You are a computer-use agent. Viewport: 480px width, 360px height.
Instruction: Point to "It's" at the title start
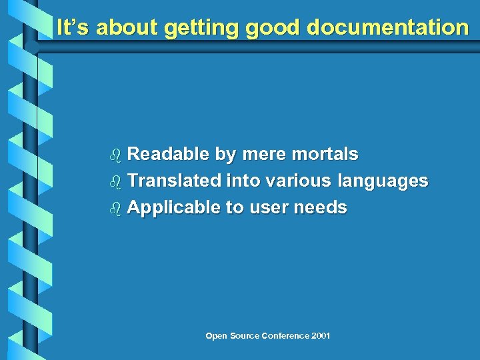pos(73,27)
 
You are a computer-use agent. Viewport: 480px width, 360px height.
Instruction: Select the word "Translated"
pos(174,181)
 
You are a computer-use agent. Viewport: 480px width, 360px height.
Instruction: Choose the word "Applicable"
pos(173,208)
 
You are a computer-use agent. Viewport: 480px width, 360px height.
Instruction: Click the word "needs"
pos(321,207)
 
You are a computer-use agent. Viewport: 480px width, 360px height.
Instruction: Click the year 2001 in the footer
pos(320,335)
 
